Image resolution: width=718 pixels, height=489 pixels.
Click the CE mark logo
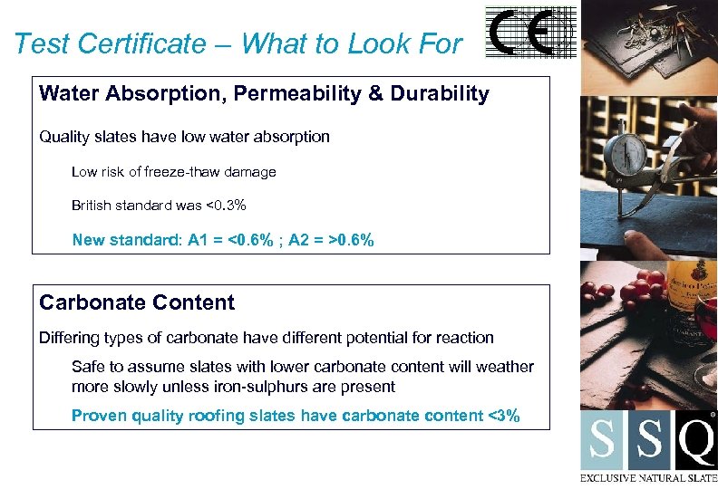click(531, 34)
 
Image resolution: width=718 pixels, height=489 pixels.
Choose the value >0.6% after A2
click(351, 240)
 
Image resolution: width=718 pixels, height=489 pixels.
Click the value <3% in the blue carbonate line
click(504, 416)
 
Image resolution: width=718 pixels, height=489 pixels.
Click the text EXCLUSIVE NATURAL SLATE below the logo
click(649, 477)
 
